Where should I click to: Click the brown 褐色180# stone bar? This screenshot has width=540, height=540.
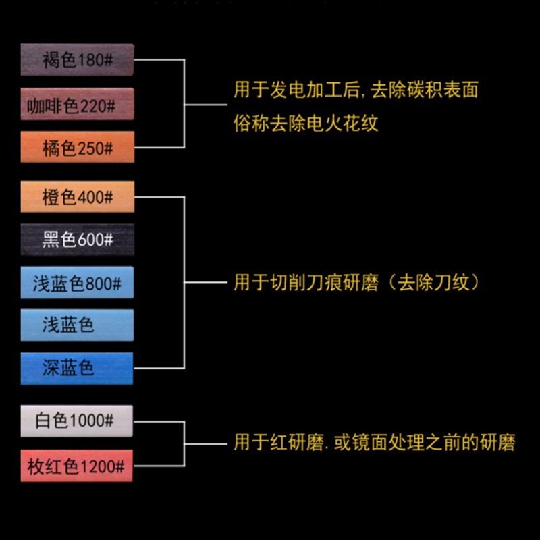(77, 59)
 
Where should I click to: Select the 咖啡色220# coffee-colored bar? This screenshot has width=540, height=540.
(77, 104)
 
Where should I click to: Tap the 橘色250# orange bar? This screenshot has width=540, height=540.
(78, 146)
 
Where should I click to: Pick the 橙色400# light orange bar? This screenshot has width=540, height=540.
(78, 196)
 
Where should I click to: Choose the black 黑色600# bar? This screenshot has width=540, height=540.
(78, 240)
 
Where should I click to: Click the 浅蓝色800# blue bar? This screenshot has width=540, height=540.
(77, 282)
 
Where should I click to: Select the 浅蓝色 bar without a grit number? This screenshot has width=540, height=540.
(77, 325)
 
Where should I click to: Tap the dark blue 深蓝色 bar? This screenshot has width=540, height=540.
(77, 369)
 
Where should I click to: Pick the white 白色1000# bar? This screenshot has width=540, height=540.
(77, 421)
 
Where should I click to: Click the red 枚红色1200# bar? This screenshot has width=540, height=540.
(76, 466)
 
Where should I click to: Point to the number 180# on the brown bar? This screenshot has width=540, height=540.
(95, 60)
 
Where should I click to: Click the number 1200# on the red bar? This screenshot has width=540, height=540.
(103, 466)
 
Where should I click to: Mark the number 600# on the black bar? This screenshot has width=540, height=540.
(95, 240)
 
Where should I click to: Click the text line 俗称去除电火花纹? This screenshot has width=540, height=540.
(306, 123)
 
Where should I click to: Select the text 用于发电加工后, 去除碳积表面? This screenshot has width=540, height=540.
(356, 90)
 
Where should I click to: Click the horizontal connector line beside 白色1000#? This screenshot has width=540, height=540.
(159, 421)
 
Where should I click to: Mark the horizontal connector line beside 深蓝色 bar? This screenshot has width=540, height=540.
(159, 368)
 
